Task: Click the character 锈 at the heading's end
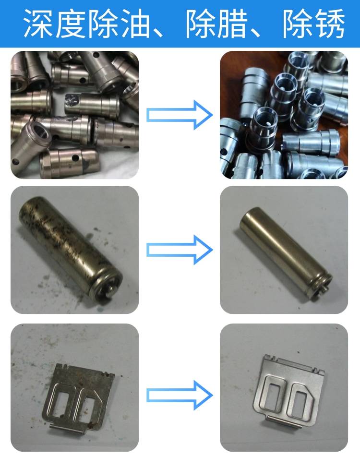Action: (x=329, y=23)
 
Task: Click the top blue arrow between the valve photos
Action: (x=180, y=115)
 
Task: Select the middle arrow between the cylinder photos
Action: (x=180, y=250)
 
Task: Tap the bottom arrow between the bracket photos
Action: (x=180, y=395)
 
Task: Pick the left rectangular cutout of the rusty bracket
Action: (x=62, y=403)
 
